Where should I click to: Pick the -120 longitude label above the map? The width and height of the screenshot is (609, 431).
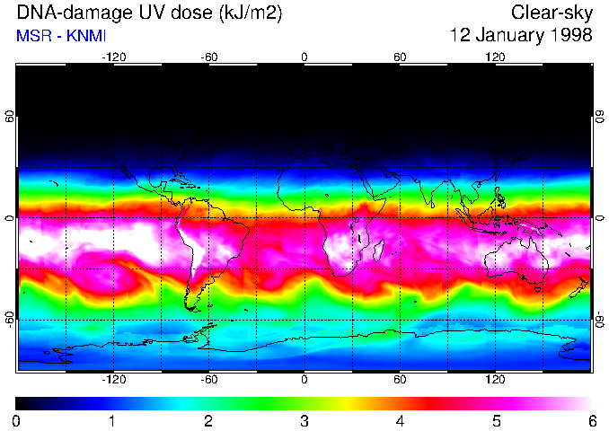tap(113, 57)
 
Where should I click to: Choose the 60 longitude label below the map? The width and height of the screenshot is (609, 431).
tap(400, 381)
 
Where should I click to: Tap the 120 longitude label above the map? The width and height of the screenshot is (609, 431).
tap(495, 57)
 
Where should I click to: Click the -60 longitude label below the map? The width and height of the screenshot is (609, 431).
tap(208, 381)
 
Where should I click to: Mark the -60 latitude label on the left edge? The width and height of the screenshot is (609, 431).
tap(10, 319)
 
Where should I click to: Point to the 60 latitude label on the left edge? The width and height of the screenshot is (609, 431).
tap(10, 117)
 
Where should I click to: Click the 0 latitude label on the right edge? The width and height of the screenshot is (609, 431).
tap(599, 218)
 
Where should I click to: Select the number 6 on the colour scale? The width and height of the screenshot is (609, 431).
tap(591, 421)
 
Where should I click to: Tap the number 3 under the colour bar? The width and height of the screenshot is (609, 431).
tap(304, 421)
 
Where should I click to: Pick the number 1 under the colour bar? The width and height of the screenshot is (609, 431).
tap(111, 421)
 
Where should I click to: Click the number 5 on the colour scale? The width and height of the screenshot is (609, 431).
tap(495, 421)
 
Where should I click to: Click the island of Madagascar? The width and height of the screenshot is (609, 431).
tap(379, 249)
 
